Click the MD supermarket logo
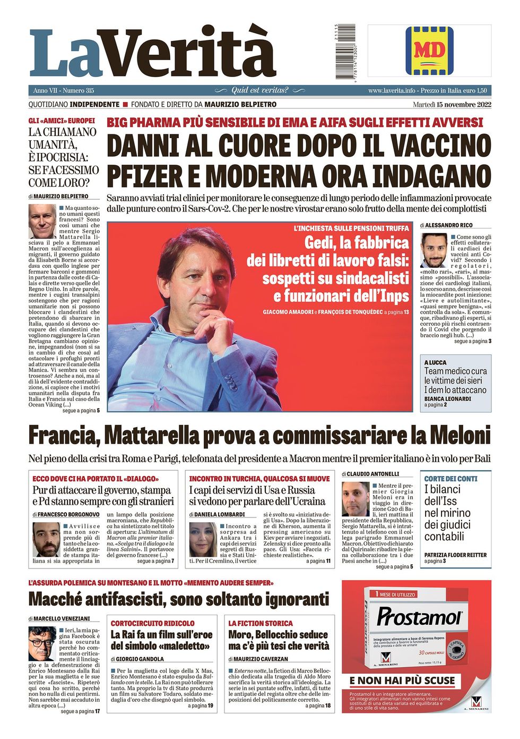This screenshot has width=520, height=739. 429,50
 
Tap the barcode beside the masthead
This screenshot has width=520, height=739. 337,52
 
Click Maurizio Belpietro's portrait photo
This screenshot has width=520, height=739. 42,221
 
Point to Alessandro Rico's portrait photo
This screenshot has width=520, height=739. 434,250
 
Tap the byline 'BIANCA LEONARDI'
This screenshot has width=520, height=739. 447,398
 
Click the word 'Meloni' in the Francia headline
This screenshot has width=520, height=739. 458,435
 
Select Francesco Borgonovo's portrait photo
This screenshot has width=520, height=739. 46,539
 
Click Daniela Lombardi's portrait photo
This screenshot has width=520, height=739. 203,539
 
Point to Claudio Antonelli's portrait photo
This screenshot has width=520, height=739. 355,499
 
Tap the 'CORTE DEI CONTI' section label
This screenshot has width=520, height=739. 450,479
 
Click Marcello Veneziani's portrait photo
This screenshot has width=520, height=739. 42,643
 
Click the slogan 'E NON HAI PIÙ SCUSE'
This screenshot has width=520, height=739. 402,681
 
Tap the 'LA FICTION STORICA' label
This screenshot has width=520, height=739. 261,623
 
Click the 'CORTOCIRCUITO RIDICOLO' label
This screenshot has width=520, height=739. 152,623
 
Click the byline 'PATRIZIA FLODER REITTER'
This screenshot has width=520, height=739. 455,555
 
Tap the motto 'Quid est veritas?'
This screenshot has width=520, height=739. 260,90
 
